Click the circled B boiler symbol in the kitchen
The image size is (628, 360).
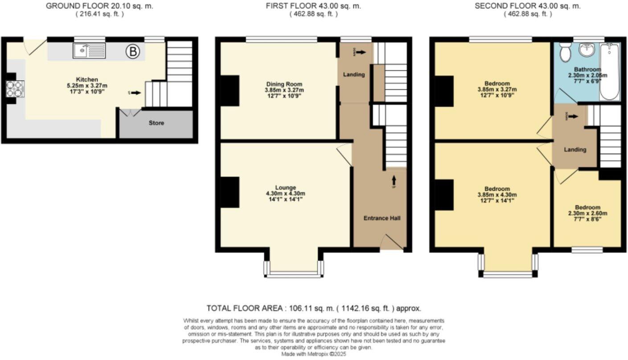[x=132, y=52]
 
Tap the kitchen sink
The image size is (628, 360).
[x=89, y=51]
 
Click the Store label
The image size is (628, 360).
[x=156, y=123]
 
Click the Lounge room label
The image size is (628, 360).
[x=286, y=188]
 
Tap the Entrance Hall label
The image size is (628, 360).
[x=382, y=218]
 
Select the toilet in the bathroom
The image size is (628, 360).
[x=566, y=52]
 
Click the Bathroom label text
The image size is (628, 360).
[x=587, y=70]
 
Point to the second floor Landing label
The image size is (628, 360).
[x=575, y=150]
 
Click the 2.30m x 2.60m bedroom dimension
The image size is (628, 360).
[x=587, y=213]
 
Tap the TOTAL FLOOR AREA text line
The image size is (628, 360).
[x=314, y=308]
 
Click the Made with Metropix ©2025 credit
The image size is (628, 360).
[x=313, y=354]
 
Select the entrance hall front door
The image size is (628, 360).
[x=392, y=243]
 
